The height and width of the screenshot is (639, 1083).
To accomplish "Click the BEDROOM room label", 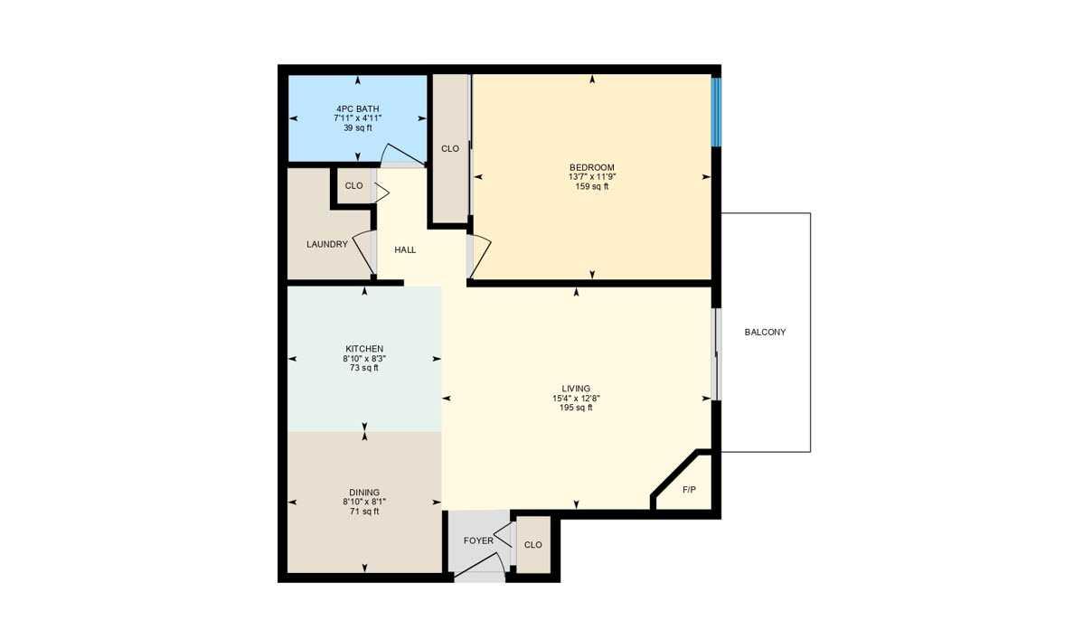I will [592, 167].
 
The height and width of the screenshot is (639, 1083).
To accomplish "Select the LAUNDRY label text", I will [326, 244].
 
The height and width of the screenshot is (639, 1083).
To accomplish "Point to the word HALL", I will [405, 249].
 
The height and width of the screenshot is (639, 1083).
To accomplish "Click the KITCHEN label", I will [364, 349].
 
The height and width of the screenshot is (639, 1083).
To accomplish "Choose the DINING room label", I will [364, 492].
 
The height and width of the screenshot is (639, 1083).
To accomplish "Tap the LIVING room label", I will [576, 389].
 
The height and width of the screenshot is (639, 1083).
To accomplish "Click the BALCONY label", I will [765, 332].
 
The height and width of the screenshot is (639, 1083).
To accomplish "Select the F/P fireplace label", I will [689, 489].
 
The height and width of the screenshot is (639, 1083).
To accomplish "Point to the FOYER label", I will [478, 541].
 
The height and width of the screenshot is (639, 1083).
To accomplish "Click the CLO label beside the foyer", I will [532, 545].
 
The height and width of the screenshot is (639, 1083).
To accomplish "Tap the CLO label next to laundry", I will [353, 186].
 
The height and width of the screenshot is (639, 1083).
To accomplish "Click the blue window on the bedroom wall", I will [715, 112].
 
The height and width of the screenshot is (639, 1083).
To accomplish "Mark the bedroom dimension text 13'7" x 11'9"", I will [592, 177].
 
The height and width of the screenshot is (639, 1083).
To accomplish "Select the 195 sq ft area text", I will [576, 408].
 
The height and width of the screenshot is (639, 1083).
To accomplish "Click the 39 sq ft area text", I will [357, 127].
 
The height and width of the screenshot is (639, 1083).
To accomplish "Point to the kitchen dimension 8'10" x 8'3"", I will [364, 359].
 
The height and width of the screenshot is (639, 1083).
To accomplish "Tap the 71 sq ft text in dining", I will [364, 512].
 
